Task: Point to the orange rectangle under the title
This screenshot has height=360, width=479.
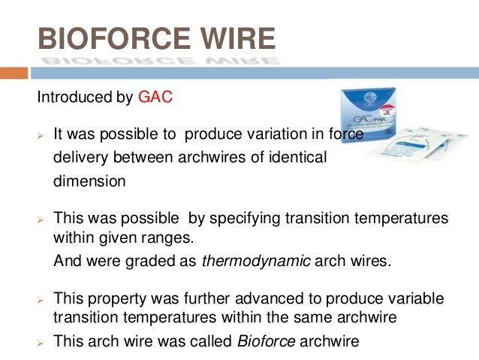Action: [14, 73]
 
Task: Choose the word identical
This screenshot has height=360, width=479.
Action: [295, 159]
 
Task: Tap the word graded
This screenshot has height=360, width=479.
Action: [155, 262]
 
